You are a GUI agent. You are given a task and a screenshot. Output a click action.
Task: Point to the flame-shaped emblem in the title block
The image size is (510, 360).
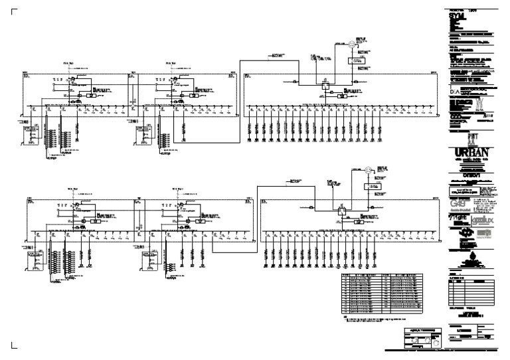475,255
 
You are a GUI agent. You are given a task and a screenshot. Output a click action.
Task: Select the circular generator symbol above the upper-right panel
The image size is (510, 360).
345,45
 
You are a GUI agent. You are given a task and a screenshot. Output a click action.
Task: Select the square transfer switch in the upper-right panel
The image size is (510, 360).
325,84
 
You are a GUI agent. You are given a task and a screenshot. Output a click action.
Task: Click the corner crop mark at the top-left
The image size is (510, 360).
15,11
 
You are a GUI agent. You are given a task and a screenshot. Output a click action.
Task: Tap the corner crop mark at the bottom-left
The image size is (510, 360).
15,345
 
